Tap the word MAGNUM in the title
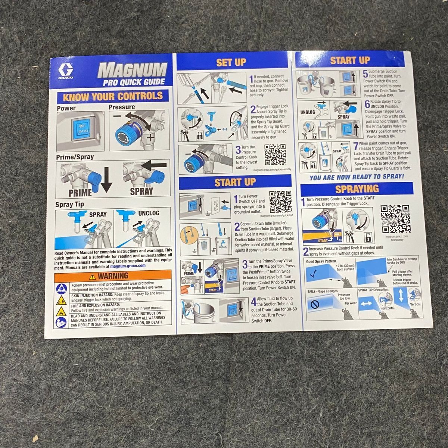[133, 70]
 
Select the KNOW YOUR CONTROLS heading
[113, 96]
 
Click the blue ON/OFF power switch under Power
[80, 129]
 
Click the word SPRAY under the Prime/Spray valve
[141, 192]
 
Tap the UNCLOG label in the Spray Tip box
[149, 213]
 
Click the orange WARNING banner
[113, 276]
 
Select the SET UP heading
[231, 62]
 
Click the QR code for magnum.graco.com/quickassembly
[275, 155]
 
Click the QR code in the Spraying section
[395, 219]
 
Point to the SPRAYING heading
[357, 189]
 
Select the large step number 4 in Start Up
[253, 302]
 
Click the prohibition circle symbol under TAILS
[315, 304]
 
